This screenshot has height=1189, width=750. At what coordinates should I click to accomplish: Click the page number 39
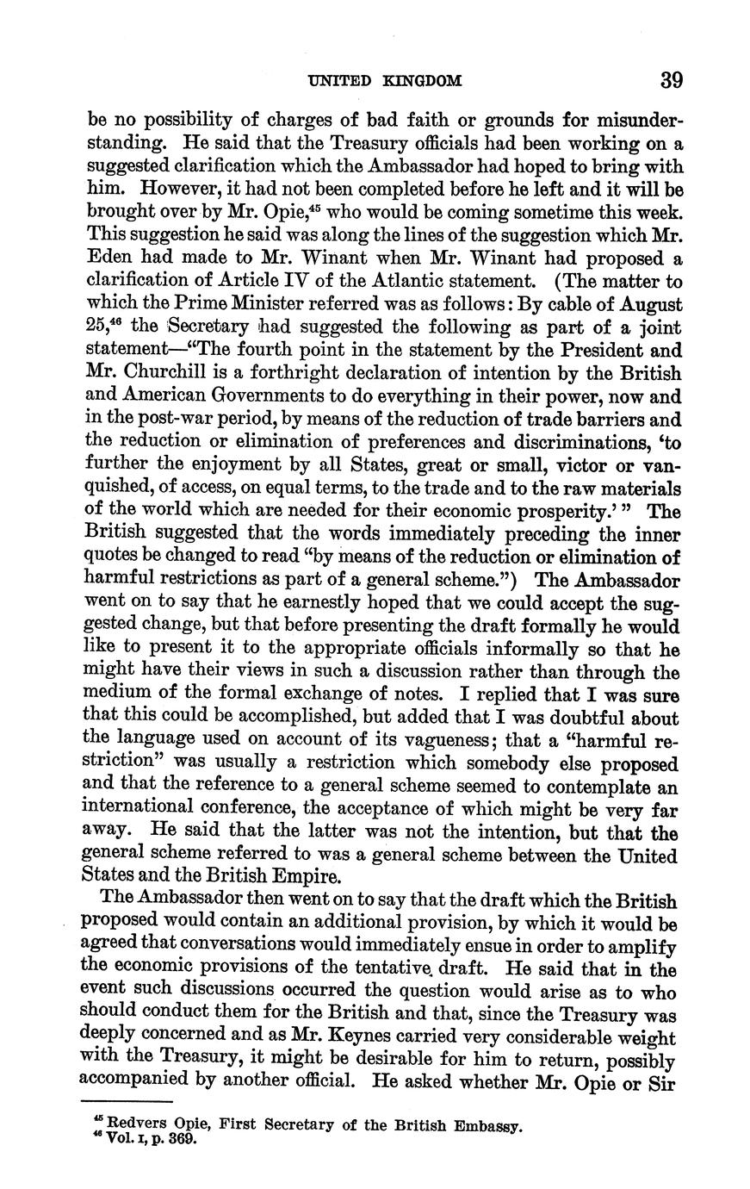click(672, 80)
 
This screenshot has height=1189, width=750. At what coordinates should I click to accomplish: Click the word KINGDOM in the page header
click(422, 82)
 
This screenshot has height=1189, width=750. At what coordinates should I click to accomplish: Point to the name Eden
click(110, 258)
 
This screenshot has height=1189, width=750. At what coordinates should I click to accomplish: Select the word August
click(653, 305)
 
